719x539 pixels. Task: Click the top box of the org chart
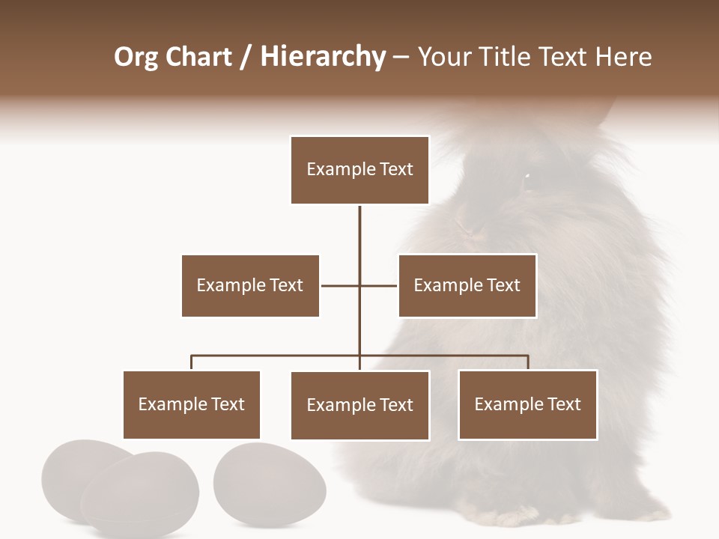tap(359, 170)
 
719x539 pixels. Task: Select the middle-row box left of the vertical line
tap(250, 285)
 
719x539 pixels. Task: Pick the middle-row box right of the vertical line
tap(467, 285)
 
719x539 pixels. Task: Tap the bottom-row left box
tap(191, 404)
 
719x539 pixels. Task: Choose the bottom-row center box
tap(359, 405)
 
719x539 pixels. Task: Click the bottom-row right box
tap(527, 404)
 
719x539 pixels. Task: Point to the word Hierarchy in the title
tap(323, 57)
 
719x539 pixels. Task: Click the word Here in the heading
tap(623, 57)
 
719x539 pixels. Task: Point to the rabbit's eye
tap(527, 177)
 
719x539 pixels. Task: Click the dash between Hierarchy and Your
tap(401, 57)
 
